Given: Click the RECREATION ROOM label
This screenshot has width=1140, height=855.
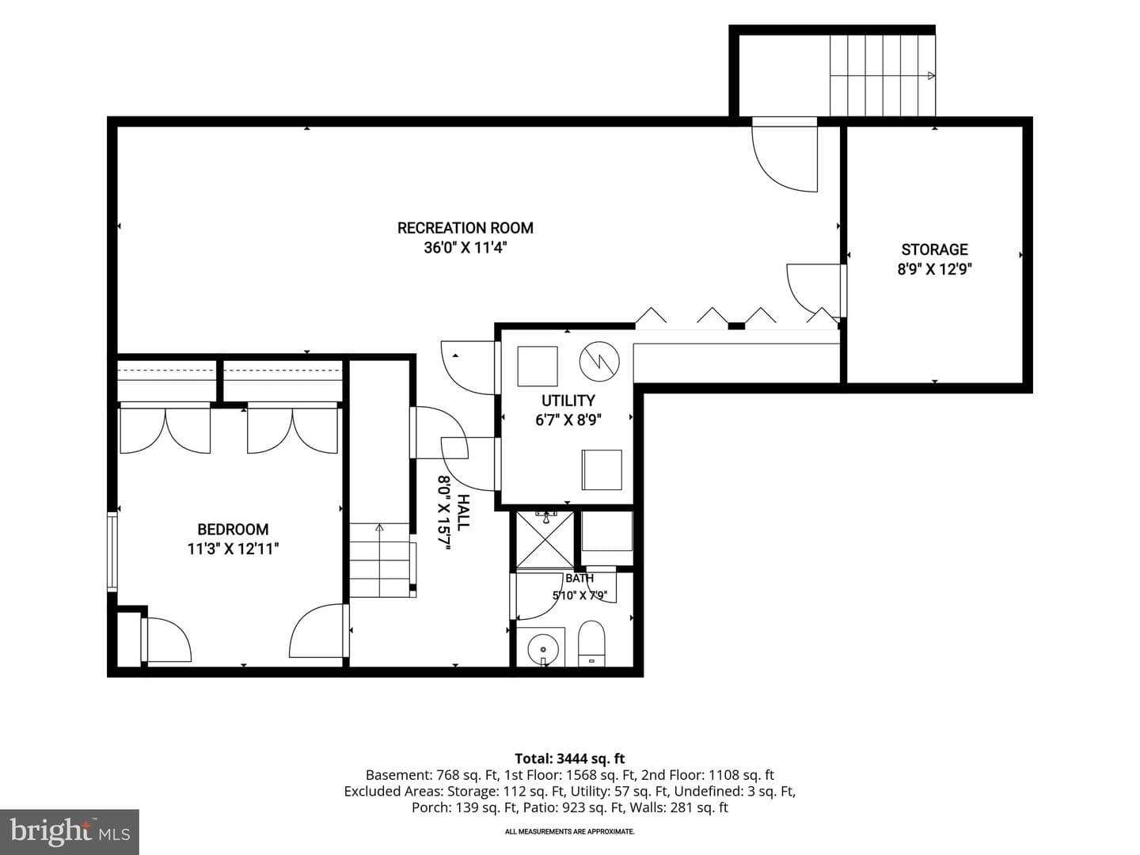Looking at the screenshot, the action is [465, 228].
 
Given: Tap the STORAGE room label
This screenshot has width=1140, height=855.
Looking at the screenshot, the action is [934, 249].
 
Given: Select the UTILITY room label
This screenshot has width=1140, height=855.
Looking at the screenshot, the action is [568, 401].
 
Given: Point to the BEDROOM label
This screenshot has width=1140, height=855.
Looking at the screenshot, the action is [233, 529].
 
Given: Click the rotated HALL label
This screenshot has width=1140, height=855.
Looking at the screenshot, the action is [462, 512].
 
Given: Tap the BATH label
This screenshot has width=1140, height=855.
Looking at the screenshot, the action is [579, 578].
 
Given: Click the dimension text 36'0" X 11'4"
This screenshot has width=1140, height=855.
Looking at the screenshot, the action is [465, 248].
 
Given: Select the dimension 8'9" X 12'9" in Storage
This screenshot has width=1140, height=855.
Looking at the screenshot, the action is [934, 269].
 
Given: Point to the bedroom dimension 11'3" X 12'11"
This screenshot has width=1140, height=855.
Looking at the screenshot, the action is [234, 549].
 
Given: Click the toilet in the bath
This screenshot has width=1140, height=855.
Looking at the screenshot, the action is [591, 644].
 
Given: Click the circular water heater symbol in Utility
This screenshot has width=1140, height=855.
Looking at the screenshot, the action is [600, 362].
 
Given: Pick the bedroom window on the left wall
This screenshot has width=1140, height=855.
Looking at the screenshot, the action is [112, 551].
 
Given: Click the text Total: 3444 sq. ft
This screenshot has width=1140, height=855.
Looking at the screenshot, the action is [570, 758].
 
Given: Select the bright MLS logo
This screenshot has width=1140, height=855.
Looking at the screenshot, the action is [70, 831].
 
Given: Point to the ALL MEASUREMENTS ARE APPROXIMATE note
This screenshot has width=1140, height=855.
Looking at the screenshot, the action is [570, 831].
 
